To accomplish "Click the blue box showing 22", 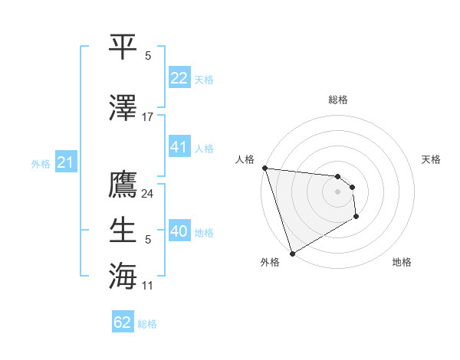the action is (179, 77).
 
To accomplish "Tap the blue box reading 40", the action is (179, 231).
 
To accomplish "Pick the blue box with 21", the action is (65, 162).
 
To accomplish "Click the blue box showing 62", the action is (123, 322).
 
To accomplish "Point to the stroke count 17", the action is (148, 117).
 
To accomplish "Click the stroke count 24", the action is (148, 193).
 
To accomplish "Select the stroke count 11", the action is (148, 286).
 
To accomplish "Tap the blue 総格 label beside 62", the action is (147, 324).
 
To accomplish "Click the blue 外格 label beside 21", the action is (41, 164).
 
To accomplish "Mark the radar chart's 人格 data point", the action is (264, 168).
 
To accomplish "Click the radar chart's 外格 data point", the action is (292, 254).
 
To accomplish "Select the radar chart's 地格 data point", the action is (356, 217).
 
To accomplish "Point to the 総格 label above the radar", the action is (337, 100).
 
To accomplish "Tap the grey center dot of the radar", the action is (337, 191).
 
